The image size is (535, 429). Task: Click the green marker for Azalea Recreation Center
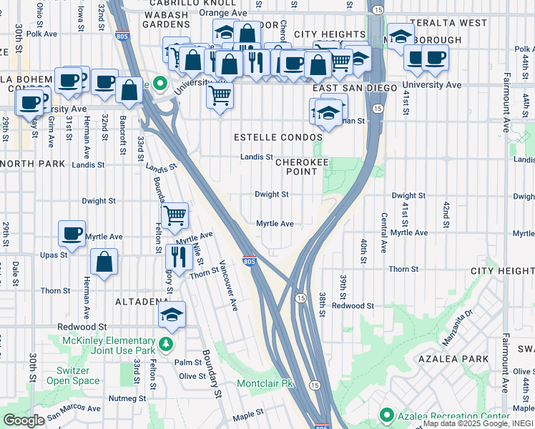click(387, 415)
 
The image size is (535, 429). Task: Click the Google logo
click(24, 420)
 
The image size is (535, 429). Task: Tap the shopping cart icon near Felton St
click(175, 214)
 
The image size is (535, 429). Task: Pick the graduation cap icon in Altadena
click(172, 313)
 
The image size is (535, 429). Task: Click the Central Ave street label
click(384, 232)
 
